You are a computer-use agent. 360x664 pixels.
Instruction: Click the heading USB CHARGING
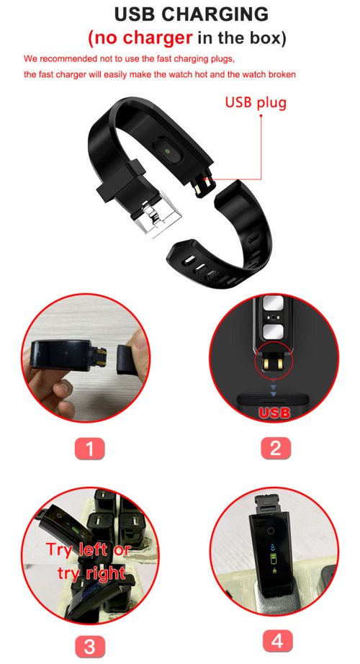pos(191,14)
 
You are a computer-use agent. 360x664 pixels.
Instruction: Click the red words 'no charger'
pos(140,37)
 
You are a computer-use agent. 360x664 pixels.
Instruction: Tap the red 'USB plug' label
pos(256,102)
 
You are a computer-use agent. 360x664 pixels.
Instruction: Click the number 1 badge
pos(89,449)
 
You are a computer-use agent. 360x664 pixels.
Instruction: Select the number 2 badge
pos(274,449)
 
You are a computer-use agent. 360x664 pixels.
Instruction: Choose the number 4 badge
pos(276,640)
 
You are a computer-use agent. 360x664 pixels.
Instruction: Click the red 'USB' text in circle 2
pos(274,413)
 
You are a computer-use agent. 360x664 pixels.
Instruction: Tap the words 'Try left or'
pos(89,549)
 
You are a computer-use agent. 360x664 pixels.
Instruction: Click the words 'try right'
pos(91,573)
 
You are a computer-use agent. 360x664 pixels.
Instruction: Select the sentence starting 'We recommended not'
pos(130,58)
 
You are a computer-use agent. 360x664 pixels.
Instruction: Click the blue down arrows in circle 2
pos(274,389)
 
